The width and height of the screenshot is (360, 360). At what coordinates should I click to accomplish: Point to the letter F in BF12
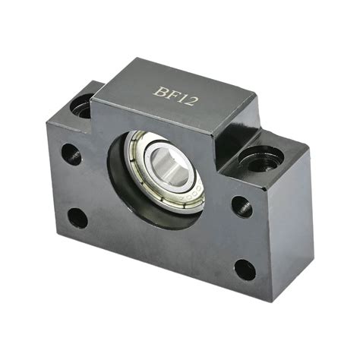click(x=170, y=94)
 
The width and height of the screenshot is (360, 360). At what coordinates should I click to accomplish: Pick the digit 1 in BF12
click(x=181, y=96)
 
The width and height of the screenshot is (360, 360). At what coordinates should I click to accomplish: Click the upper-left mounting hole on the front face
click(x=71, y=154)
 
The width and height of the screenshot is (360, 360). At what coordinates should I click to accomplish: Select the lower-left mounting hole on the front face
click(x=77, y=218)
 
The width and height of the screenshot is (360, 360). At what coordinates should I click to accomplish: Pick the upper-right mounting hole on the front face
click(x=241, y=205)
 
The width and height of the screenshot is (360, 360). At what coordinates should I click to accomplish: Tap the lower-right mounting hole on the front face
click(x=244, y=269)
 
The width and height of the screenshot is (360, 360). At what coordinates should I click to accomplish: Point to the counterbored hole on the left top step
click(x=83, y=105)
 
